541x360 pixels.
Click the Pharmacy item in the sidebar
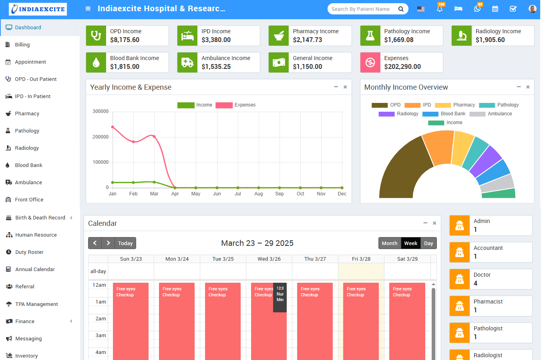pos(27,114)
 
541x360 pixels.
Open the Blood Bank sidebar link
pos(28,165)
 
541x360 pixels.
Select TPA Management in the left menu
pos(36,304)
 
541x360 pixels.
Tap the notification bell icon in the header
pos(440,9)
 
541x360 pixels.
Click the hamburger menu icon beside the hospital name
pos(88,9)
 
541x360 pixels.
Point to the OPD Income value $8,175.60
pos(125,40)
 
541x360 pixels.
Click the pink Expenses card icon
pos(370,62)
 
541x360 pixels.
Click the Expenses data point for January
pos(113,127)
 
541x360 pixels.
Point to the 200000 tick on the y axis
pos(101,137)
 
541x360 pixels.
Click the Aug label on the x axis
pos(259,194)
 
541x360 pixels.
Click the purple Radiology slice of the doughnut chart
pos(485,161)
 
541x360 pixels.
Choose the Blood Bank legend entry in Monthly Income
pos(444,114)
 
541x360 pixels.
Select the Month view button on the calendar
pos(389,243)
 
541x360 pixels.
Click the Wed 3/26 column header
pos(269,259)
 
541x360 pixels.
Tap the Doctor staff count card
pos(491,279)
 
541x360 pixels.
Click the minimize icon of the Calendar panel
pos(425,223)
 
